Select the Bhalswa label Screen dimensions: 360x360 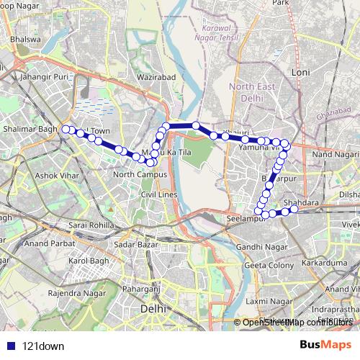(x=27, y=39)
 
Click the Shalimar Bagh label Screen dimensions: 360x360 (x=29, y=129)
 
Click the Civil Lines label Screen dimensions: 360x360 (x=158, y=194)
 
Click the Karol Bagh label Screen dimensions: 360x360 (x=87, y=260)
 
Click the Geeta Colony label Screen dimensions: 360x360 (x=268, y=266)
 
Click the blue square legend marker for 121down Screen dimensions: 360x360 (x=9, y=346)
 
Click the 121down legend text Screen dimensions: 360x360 (x=43, y=346)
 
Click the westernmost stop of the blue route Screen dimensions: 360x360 (x=66, y=129)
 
